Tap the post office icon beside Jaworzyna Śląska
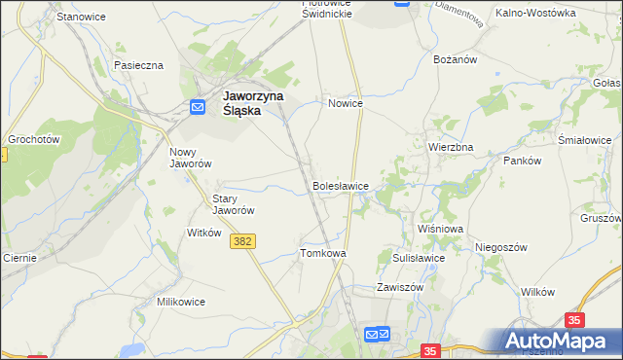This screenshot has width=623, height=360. pyautogui.click(x=198, y=106)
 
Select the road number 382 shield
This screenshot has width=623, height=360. pyautogui.click(x=244, y=241)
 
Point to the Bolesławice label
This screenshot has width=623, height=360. pyautogui.click(x=340, y=185)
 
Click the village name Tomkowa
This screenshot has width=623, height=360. pyautogui.click(x=323, y=253)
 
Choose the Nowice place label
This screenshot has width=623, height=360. pyautogui.click(x=346, y=103)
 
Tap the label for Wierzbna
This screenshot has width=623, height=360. pyautogui.click(x=451, y=147)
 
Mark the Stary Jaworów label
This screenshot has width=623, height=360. pyautogui.click(x=234, y=204)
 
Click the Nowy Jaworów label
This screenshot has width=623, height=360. pyautogui.click(x=191, y=158)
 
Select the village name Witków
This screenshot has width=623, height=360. pyautogui.click(x=204, y=234)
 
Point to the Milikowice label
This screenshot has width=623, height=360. pyautogui.click(x=181, y=302)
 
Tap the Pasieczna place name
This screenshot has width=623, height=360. pyautogui.click(x=138, y=65)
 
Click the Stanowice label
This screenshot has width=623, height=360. pyautogui.click(x=81, y=18)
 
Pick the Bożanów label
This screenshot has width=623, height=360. pyautogui.click(x=454, y=59)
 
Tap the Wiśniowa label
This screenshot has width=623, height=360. pyautogui.click(x=440, y=229)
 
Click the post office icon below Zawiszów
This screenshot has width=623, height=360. pyautogui.click(x=377, y=335)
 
